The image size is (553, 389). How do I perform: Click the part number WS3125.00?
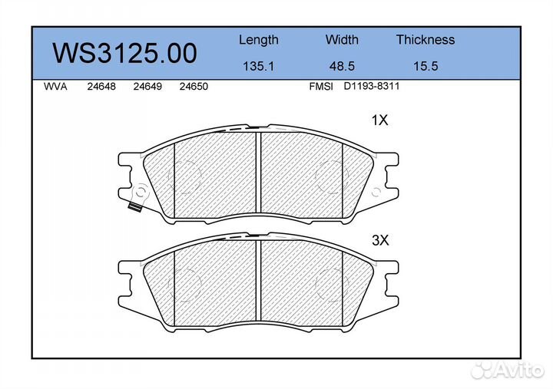click(124, 53)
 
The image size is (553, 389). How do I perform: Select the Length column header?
click(259, 40)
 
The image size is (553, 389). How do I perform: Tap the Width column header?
click(342, 39)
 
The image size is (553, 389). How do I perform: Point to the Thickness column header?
click(426, 39)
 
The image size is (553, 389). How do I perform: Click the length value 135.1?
click(259, 66)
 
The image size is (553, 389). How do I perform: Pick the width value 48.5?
click(342, 66)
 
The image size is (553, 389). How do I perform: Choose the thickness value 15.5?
click(426, 66)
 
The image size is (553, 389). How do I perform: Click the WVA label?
click(55, 87)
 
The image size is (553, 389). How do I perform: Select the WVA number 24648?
click(101, 87)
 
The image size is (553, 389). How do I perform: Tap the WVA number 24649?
click(147, 87)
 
